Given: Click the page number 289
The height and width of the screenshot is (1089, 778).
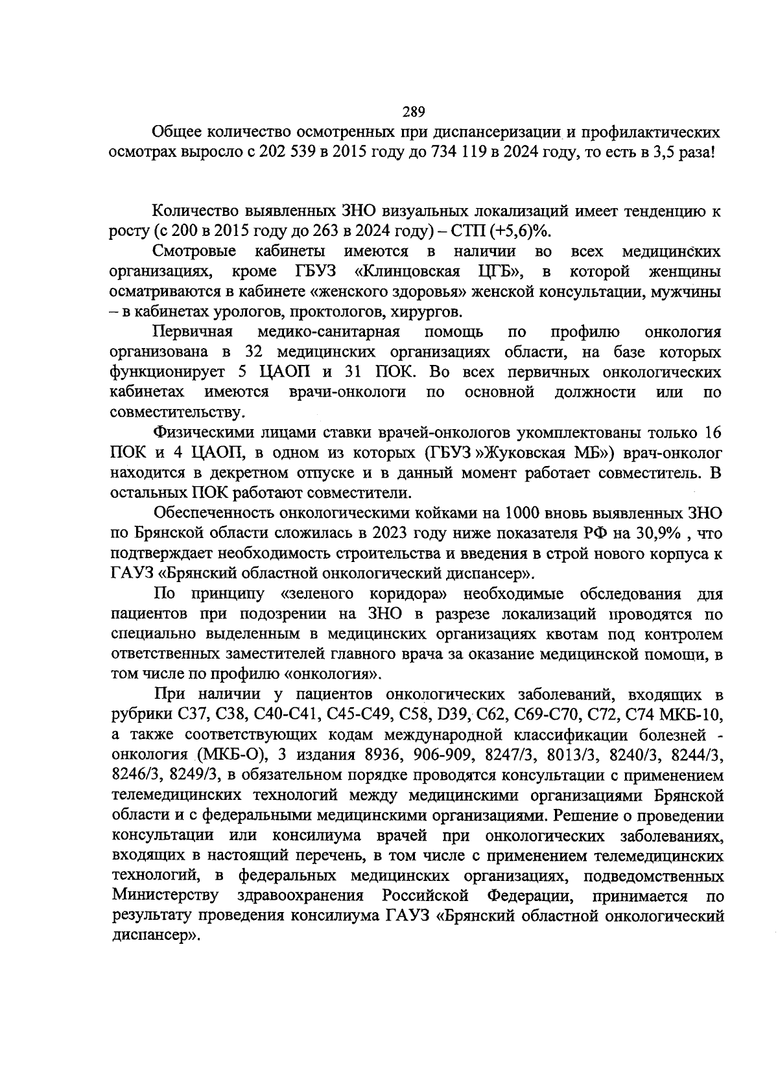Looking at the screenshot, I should (x=413, y=111).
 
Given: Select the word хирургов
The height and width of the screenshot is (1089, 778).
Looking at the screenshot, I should (x=425, y=312).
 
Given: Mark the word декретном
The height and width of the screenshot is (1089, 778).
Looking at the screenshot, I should (x=277, y=473).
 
